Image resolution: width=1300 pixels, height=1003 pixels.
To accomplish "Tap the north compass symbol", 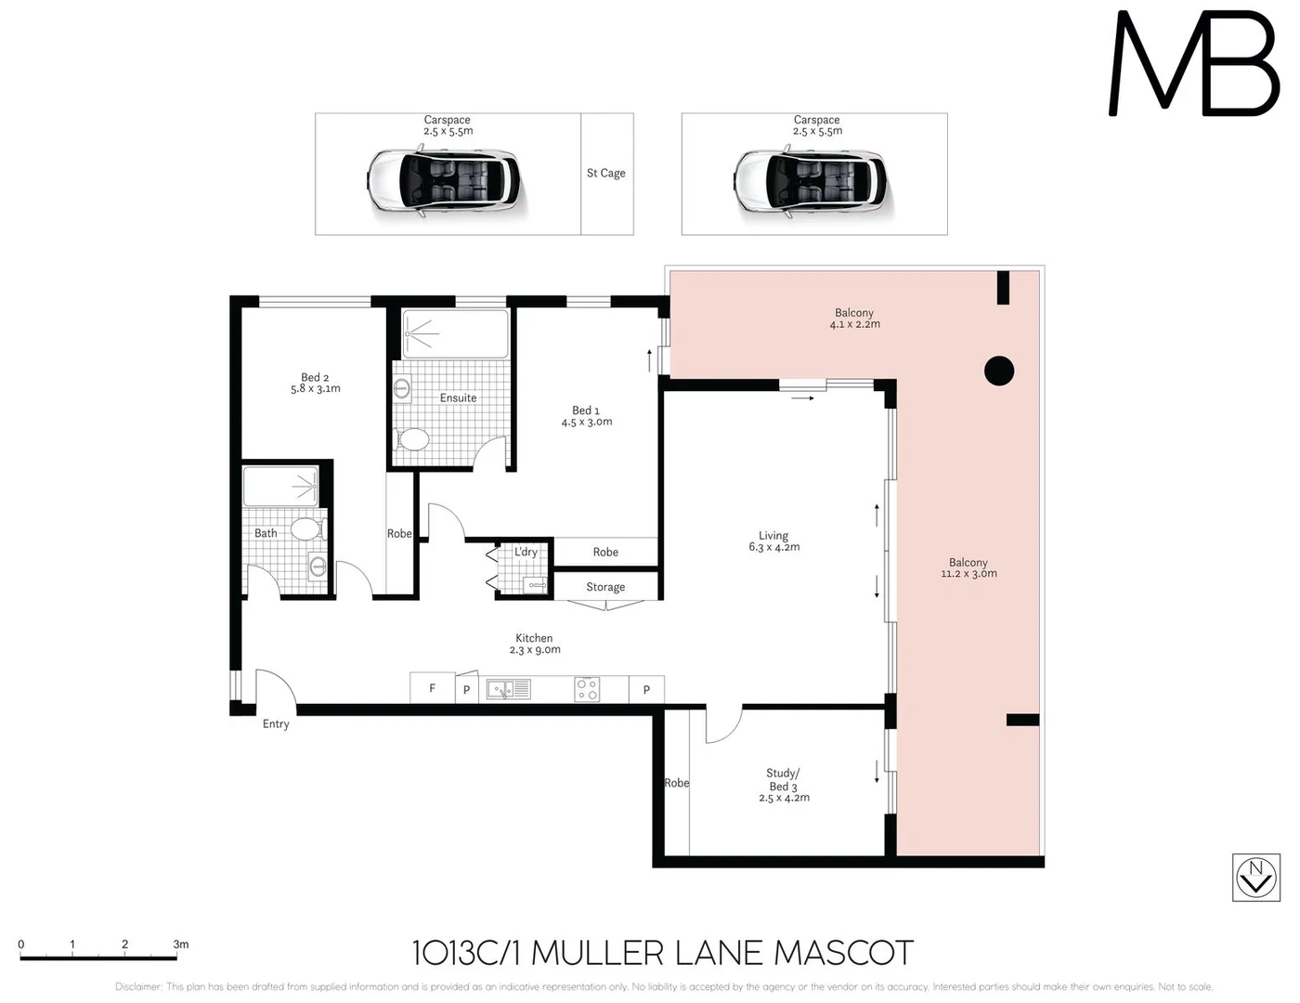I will tap(1255, 877).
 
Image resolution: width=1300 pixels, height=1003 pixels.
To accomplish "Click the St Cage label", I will tap(605, 173).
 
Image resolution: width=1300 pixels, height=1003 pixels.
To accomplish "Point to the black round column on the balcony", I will tap(998, 371).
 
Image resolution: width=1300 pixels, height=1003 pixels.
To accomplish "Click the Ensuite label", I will tap(458, 397).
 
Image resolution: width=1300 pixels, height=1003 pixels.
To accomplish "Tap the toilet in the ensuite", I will tap(411, 438).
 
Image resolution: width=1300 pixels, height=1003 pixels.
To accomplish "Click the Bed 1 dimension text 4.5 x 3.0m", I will tap(586, 423).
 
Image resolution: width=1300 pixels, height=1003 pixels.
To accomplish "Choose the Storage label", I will tap(605, 587).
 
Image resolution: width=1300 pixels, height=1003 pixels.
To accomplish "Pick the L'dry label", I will tap(526, 552).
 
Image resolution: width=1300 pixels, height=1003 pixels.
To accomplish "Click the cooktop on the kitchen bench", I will tap(587, 689).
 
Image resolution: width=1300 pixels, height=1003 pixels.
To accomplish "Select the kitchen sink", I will tap(508, 689).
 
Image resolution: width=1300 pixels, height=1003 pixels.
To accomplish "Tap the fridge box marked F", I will tap(432, 688).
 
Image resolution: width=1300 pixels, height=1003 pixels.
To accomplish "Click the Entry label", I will tap(276, 724).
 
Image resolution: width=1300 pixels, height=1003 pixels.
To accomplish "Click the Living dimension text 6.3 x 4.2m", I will tap(773, 548).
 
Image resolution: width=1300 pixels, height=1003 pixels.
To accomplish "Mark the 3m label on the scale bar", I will tap(180, 944).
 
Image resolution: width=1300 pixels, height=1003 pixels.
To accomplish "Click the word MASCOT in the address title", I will tap(843, 953).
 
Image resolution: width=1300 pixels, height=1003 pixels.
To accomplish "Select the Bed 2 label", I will tap(315, 377).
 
